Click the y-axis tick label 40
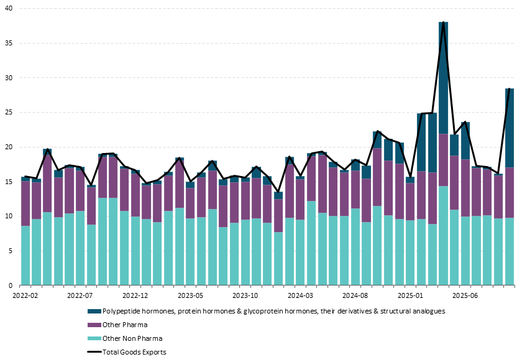(x=9, y=9)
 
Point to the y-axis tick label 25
(x=9, y=113)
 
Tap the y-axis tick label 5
(x=11, y=251)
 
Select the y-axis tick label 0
(x=11, y=285)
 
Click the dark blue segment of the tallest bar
(x=443, y=78)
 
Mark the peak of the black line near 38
(x=443, y=22)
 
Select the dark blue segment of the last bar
(x=509, y=128)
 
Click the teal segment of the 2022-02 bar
(x=25, y=255)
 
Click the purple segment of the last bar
(x=509, y=192)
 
